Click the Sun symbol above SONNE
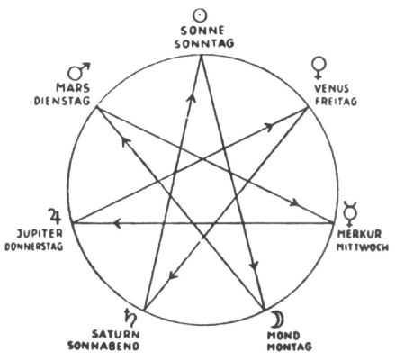tap(200, 15)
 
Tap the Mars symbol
tap(78, 71)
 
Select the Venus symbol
tap(319, 67)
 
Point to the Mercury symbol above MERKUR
tap(350, 213)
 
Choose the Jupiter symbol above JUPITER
tap(55, 217)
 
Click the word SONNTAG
tap(204, 44)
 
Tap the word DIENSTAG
tap(62, 101)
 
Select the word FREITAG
tap(336, 101)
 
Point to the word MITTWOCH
tap(363, 247)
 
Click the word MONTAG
tap(290, 346)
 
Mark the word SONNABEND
tap(103, 346)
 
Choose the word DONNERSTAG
tap(34, 247)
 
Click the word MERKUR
tap(359, 234)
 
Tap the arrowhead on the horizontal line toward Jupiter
tap(117, 223)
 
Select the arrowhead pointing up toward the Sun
tap(191, 97)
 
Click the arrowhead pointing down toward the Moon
tap(255, 265)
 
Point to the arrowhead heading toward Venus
tap(269, 127)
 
